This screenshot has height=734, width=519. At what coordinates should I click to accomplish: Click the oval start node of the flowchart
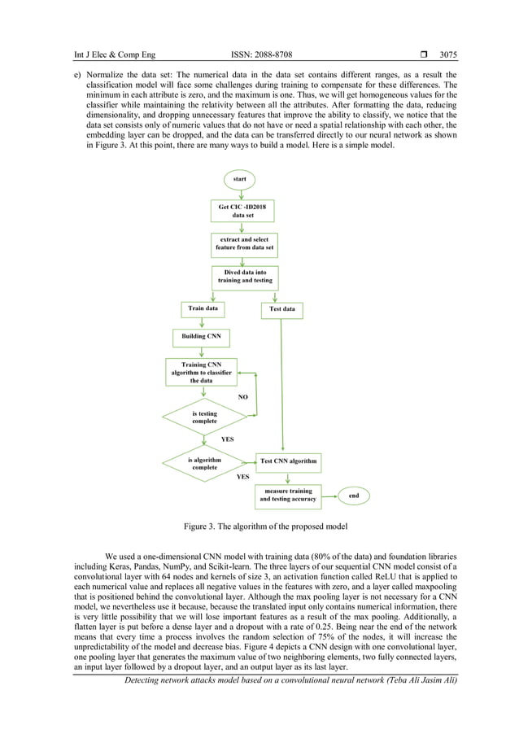(241, 178)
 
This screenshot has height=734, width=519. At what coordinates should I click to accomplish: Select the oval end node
(354, 495)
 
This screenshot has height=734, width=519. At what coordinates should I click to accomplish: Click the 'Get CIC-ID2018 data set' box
(242, 212)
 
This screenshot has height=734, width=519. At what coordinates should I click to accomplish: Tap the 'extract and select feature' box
(243, 244)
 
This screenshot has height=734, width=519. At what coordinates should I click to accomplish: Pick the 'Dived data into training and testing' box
(244, 277)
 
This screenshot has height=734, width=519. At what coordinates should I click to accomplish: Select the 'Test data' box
(282, 309)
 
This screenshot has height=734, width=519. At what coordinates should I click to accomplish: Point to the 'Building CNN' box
(201, 336)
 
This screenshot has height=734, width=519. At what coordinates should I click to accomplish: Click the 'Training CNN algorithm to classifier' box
(201, 373)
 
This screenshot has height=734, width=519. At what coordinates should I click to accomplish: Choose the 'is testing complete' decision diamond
(204, 417)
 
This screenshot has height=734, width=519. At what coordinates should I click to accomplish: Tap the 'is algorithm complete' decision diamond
(204, 464)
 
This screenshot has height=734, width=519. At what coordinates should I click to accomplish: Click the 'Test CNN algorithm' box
(288, 461)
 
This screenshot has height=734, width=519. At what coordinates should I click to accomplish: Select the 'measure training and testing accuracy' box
(288, 495)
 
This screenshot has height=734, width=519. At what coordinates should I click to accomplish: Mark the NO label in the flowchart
(242, 397)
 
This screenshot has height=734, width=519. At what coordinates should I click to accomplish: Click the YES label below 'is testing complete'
(228, 439)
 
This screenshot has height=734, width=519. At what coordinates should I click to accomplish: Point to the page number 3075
(447, 55)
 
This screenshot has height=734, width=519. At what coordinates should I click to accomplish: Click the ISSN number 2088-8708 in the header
(259, 55)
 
